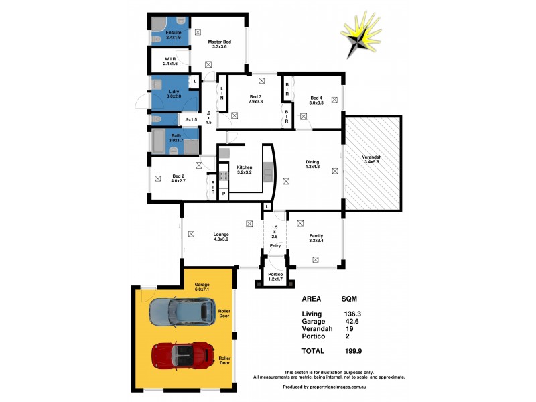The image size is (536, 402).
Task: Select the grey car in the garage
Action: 182,311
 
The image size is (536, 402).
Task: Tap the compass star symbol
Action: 365,40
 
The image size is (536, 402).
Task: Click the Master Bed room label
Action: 219,44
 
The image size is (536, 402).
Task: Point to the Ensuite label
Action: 164,35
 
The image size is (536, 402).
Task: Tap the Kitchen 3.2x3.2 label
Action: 244,170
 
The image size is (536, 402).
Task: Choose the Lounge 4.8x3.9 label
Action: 222,237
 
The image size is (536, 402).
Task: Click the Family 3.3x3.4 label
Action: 316,239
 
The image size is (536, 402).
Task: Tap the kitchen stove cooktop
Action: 224,177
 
